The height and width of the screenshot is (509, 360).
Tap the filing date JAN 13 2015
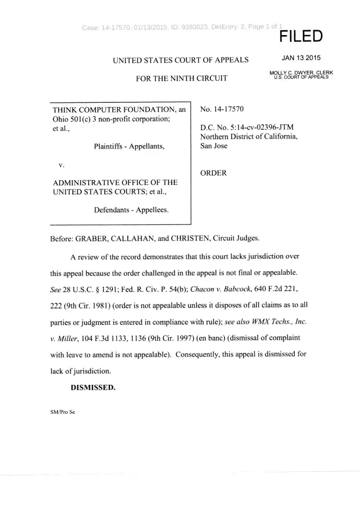pyautogui.click(x=301, y=58)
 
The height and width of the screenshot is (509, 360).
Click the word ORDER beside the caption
pyautogui.click(x=213, y=173)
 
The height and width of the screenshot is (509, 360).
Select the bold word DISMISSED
pyautogui.click(x=93, y=386)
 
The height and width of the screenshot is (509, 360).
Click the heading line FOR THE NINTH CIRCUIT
pyautogui.click(x=178, y=78)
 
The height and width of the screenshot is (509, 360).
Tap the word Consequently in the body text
pyautogui.click(x=200, y=354)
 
